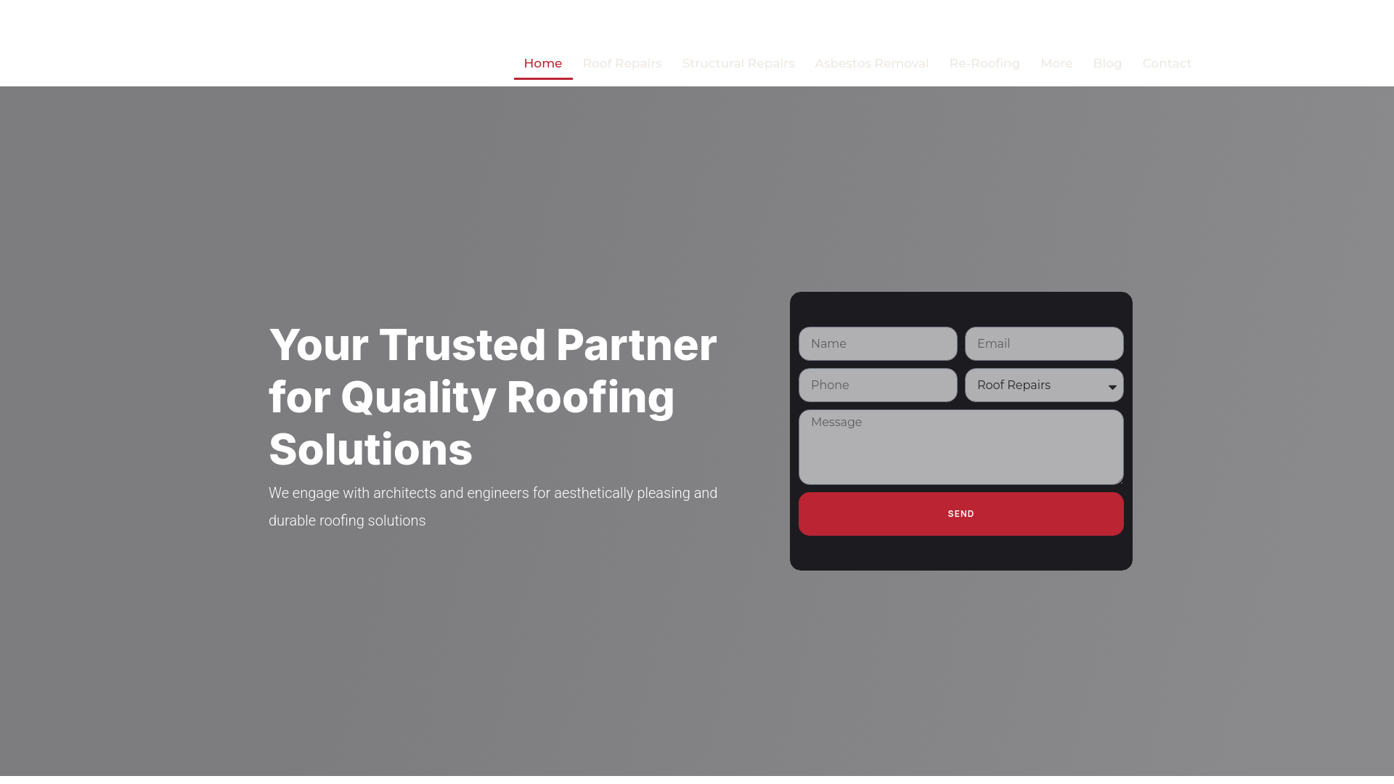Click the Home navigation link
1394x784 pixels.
(x=542, y=64)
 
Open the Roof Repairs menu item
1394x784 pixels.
(x=621, y=64)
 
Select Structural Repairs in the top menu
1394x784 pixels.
(x=738, y=64)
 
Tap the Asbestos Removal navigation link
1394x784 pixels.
(x=871, y=64)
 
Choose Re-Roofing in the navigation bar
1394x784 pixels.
(x=984, y=64)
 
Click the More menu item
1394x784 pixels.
(x=1056, y=64)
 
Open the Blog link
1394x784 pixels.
(x=1106, y=64)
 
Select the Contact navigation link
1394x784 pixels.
(x=1166, y=64)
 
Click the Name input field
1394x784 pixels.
(x=878, y=344)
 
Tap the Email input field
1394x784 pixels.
(x=1043, y=344)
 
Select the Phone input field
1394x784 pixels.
(x=878, y=385)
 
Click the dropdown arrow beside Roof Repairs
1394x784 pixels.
(x=1112, y=387)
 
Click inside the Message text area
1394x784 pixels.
(x=961, y=447)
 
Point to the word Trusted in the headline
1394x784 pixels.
(x=462, y=345)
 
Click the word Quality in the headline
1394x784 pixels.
(x=418, y=398)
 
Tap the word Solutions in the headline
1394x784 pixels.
(x=370, y=450)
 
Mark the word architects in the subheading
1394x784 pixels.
(x=404, y=494)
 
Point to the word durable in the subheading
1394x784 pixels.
(x=292, y=521)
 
